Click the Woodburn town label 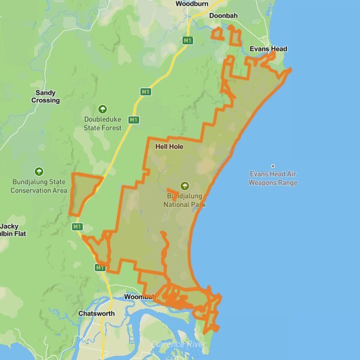tap(191, 4)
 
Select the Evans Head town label tap(268, 49)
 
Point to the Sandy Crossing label tap(46, 97)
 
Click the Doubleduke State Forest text tap(103, 124)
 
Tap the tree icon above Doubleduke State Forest tap(103, 109)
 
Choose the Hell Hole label tap(169, 146)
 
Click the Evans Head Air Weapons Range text tap(273, 179)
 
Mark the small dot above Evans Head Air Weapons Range tap(273, 166)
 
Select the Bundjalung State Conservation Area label tap(39, 186)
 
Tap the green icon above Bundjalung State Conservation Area tap(39, 172)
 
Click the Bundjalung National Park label tap(185, 200)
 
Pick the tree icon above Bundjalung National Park tap(185, 186)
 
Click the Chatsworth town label tap(97, 314)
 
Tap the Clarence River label tap(178, 344)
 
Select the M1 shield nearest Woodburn tap(188, 40)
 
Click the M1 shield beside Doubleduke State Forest tap(134, 120)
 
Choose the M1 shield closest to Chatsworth tap(100, 268)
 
